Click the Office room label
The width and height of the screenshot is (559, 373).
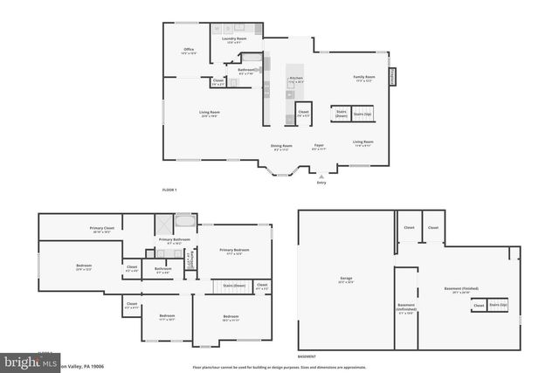tap(188, 51)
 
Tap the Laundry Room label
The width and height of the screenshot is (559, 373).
tap(226, 40)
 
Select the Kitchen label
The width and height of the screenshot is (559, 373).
tap(295, 79)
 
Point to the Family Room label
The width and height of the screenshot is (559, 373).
tap(363, 79)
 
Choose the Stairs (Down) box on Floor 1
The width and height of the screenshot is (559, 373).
tap(340, 114)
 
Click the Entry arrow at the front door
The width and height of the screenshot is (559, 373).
tap(321, 176)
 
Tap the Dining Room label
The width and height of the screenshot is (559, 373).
tap(281, 147)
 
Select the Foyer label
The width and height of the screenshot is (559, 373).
tap(320, 147)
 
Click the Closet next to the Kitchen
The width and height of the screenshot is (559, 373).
tap(303, 114)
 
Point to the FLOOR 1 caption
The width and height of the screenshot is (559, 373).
tap(169, 190)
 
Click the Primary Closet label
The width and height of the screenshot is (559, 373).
tap(101, 230)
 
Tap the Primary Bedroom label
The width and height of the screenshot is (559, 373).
tap(234, 251)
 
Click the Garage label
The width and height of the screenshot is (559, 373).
tap(346, 280)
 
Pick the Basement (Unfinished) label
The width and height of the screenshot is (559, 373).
tap(407, 307)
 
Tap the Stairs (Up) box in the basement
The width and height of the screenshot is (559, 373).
tap(499, 305)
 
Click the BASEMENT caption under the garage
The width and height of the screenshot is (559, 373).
tap(307, 356)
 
